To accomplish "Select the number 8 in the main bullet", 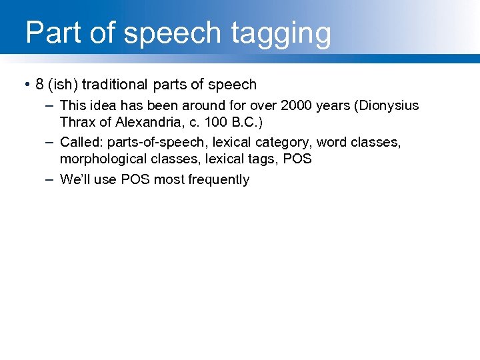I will [x=40, y=85].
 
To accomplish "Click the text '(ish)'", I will [x=63, y=85].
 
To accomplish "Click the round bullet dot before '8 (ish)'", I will [x=25, y=85].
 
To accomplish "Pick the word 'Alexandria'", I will [x=149, y=123].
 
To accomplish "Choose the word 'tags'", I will [x=265, y=159].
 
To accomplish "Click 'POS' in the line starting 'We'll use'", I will [x=135, y=179].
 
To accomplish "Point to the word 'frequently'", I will [x=219, y=179].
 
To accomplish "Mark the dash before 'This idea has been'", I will [x=50, y=105].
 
